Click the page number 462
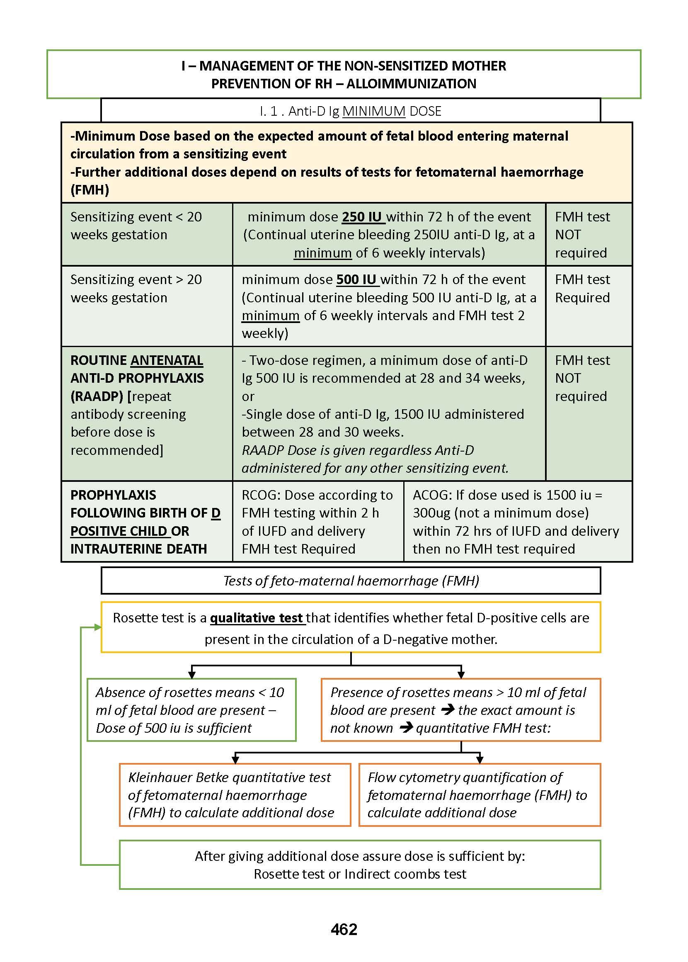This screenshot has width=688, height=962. click(x=344, y=929)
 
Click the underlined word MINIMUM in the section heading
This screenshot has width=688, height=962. click(x=374, y=111)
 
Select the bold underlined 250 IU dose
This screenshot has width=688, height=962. click(x=362, y=216)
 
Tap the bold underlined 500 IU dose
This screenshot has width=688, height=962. click(x=357, y=279)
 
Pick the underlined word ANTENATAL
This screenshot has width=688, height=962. click(x=167, y=360)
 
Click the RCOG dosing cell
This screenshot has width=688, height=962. click(x=318, y=521)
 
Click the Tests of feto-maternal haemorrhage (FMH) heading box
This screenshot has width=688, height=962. click(x=351, y=581)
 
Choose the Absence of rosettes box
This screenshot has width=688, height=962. click(x=191, y=710)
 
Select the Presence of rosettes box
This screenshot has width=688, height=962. click(x=460, y=710)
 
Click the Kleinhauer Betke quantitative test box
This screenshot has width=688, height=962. click(x=235, y=794)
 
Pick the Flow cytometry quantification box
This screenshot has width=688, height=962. click(x=480, y=794)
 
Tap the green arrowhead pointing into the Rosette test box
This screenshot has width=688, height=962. click(x=98, y=627)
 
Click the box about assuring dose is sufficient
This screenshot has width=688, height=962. click(x=360, y=865)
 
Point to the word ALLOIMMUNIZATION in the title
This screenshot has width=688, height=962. click(x=412, y=84)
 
